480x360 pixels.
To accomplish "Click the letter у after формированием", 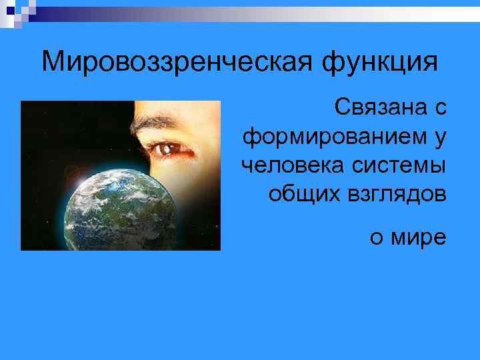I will click(x=440, y=138).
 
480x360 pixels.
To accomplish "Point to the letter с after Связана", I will click(x=441, y=108).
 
